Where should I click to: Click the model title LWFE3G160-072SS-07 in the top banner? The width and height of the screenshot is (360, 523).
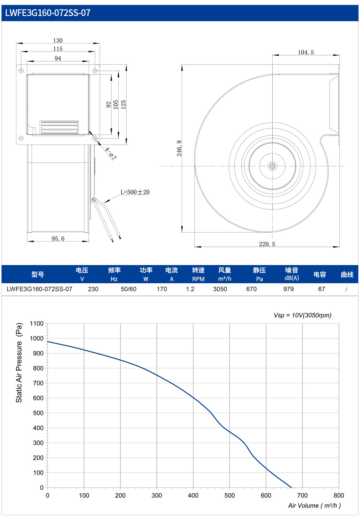pos(48,13)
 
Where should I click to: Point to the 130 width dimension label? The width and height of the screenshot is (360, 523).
pos(58,41)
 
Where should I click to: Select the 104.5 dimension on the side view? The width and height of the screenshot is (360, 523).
pos(305,52)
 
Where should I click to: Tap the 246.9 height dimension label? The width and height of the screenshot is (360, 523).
pos(179,148)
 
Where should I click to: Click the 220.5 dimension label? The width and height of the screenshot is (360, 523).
pos(267,244)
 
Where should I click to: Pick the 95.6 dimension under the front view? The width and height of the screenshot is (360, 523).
pos(58,238)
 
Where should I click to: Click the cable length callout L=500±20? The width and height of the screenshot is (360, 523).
pos(135,192)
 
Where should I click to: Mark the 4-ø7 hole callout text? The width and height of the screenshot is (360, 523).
pos(110,154)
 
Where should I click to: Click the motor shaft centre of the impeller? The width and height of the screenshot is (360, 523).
pos(272,166)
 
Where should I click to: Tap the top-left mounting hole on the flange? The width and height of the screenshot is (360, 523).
pos(21,71)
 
